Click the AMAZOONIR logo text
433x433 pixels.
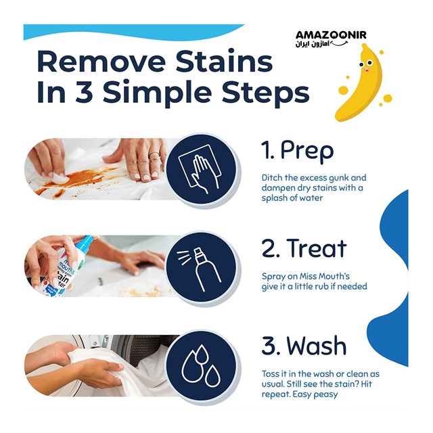[331, 35]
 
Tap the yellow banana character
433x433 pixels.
[362, 83]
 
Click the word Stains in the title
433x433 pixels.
[224, 61]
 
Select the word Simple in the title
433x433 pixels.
[157, 92]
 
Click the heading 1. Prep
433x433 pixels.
[298, 151]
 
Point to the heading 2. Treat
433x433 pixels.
[304, 248]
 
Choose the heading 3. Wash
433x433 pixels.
[304, 346]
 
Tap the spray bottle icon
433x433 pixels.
[200, 269]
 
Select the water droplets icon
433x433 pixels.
[201, 366]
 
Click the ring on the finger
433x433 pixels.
[154, 154]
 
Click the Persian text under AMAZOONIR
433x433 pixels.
[313, 44]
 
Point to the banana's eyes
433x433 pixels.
[366, 64]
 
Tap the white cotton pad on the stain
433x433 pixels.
[59, 177]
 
